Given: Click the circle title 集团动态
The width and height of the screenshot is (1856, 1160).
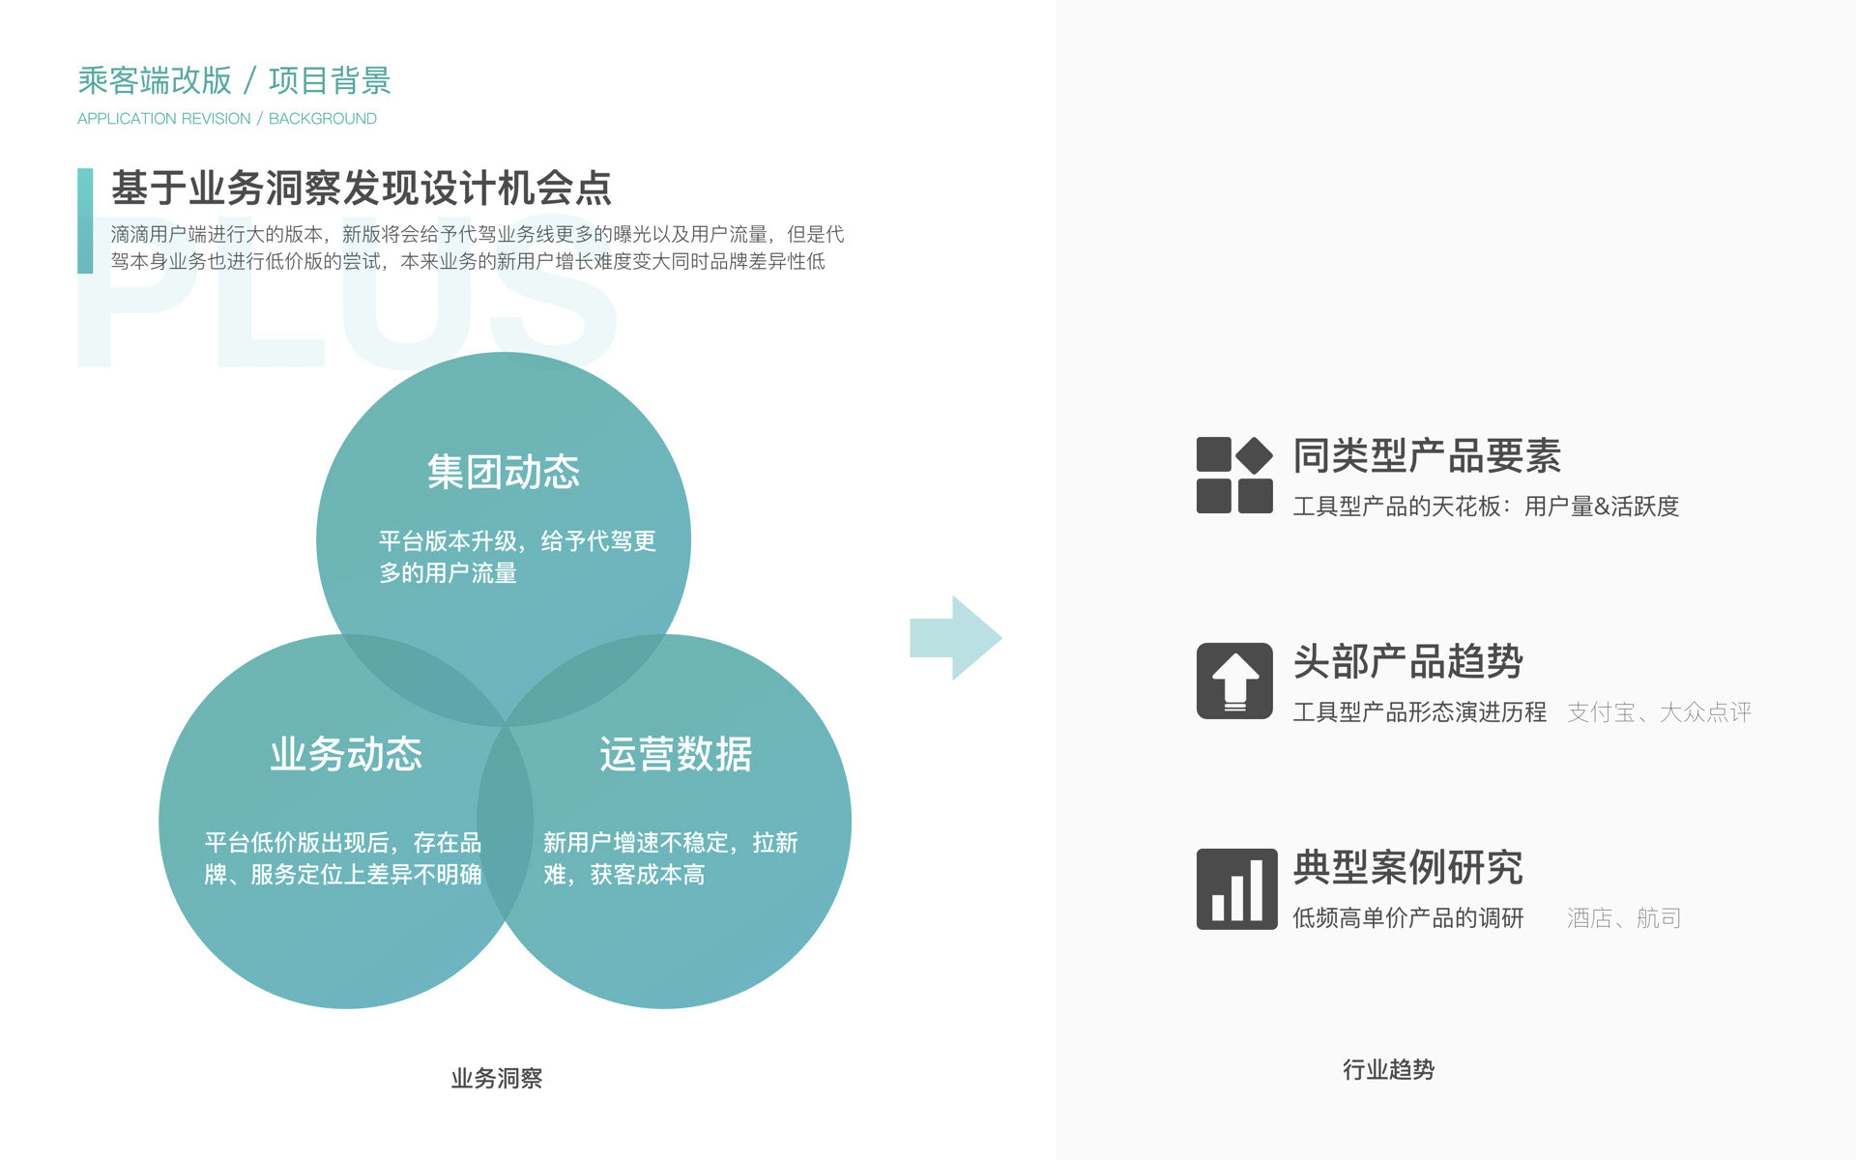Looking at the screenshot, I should [504, 472].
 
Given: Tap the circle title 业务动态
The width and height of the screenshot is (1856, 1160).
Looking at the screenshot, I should [346, 754].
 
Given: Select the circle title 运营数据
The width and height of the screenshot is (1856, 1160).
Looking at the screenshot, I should [676, 754].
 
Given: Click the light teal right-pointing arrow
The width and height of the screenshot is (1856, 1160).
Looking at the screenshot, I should [955, 638].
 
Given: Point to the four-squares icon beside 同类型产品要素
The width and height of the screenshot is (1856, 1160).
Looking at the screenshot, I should [1234, 475].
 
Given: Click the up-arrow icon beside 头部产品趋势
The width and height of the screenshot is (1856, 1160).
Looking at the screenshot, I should [1234, 681].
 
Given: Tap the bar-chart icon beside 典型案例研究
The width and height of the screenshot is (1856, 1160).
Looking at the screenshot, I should [1236, 888].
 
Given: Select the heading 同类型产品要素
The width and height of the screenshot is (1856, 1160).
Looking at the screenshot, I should [1427, 456].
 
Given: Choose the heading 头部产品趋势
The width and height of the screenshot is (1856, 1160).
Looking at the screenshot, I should [1408, 662].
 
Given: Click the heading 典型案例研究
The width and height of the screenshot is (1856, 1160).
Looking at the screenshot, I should [1408, 868].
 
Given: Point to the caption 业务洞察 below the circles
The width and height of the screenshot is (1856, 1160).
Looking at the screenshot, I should [497, 1078].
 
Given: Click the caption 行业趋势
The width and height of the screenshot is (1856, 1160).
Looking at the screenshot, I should [1388, 1069].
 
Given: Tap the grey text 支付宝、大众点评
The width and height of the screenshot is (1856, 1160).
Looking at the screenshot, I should [1659, 712].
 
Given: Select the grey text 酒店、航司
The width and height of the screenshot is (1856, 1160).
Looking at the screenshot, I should [1624, 918].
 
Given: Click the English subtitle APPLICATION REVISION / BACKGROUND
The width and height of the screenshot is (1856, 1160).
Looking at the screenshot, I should [227, 119].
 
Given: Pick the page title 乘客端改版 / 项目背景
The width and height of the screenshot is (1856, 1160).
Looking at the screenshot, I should [234, 80].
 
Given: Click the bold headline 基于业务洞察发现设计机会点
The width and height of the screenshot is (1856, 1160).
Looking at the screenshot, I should [362, 188].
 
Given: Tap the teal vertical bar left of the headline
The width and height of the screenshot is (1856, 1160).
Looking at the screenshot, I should [85, 220].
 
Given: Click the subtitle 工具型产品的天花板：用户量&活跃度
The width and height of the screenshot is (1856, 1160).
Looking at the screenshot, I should [1486, 507].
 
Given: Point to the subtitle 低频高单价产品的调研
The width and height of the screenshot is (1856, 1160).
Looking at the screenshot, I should [1408, 918].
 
